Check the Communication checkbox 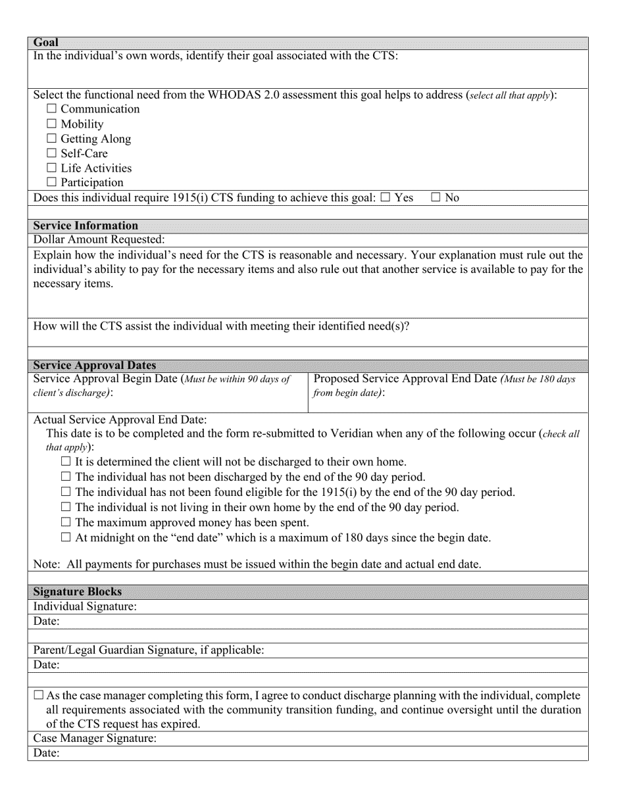coord(52,109)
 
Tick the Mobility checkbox coord(52,124)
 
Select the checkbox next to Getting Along coord(52,139)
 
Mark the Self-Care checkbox coord(52,153)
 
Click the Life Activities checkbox coord(52,168)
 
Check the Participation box coord(52,183)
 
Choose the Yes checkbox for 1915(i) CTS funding coord(386,197)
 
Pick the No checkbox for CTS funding coord(436,197)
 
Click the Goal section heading coord(46,43)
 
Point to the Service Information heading coord(86,226)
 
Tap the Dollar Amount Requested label coord(99,240)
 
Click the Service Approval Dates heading coord(95,366)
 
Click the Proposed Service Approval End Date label coord(406,380)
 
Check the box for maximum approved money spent coord(65,523)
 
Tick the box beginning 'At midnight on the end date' coord(65,538)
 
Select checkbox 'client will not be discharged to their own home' coord(65,462)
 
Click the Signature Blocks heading coord(78,592)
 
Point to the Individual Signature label coord(85,606)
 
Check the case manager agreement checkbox coord(38,695)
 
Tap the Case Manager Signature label coord(95,739)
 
